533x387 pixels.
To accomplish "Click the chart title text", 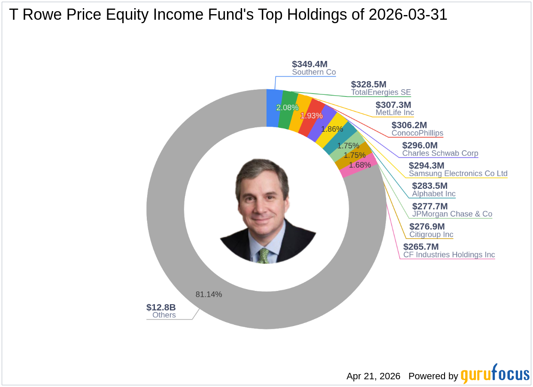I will (228, 15).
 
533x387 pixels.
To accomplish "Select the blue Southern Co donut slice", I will (274, 108).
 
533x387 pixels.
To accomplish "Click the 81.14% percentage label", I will (209, 294).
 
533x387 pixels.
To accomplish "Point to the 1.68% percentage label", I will (360, 165).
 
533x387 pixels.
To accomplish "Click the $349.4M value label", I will (309, 64).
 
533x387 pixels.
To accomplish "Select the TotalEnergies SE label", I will (381, 92).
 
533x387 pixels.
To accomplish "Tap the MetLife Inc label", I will (394, 112).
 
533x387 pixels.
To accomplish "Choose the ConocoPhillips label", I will (417, 133).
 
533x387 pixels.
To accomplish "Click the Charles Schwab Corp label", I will (440, 153).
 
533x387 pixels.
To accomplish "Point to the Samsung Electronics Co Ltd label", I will (458, 174).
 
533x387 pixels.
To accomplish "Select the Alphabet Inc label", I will (433, 194).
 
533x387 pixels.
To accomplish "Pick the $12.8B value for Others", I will (161, 307).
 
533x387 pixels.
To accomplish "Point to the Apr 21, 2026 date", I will (373, 376).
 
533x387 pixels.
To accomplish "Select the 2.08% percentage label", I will (287, 108).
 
